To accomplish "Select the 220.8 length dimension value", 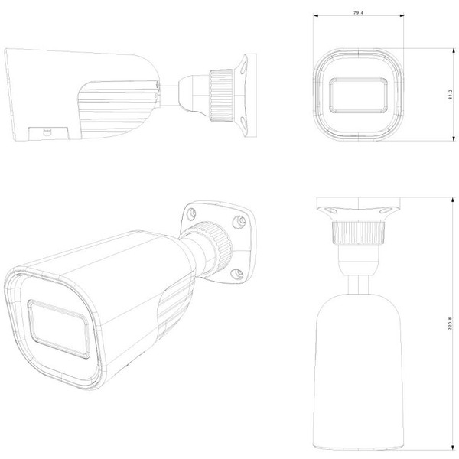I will tap(451, 324).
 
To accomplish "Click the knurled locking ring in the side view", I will tap(222, 93).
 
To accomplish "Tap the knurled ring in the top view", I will tap(358, 230).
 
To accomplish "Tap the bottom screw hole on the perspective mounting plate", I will tap(239, 273).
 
